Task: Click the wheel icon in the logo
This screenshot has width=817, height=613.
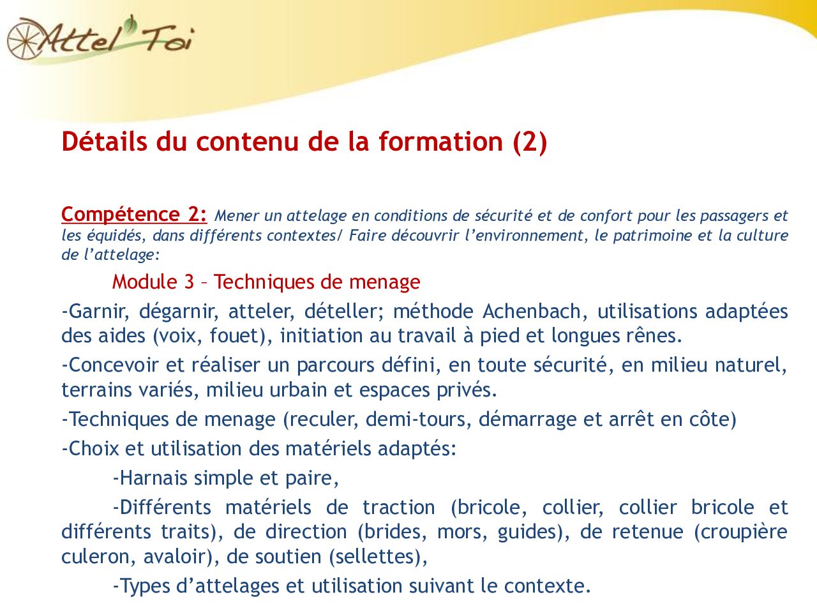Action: tap(24, 38)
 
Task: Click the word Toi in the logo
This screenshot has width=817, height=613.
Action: tap(167, 40)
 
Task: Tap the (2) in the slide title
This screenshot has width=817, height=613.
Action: tap(530, 141)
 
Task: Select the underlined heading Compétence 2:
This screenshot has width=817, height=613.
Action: tap(134, 214)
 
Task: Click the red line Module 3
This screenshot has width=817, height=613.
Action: tap(266, 282)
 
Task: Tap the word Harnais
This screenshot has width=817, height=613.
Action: tap(154, 478)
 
